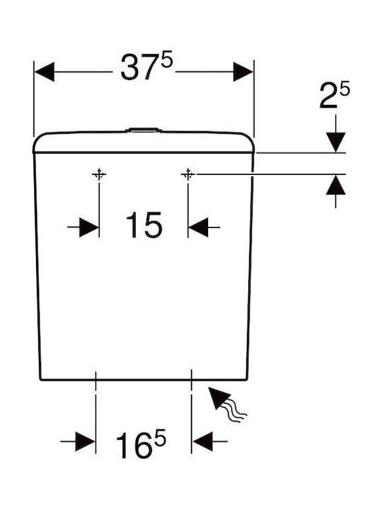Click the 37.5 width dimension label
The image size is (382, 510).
(x=146, y=67)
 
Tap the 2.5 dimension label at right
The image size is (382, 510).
(x=334, y=96)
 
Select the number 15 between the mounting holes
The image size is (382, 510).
(x=144, y=225)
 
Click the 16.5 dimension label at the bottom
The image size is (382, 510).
(x=141, y=444)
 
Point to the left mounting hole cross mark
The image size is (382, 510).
(x=99, y=175)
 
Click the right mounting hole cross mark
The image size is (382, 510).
(x=187, y=175)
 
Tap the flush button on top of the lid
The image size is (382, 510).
(x=143, y=130)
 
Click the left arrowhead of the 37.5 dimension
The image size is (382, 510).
(x=44, y=72)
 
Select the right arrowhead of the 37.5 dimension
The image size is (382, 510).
(x=243, y=72)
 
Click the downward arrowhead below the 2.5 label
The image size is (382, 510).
(x=335, y=142)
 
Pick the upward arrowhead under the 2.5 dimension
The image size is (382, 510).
(x=335, y=185)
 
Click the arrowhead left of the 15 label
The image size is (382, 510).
(x=89, y=227)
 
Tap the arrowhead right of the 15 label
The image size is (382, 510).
(x=198, y=227)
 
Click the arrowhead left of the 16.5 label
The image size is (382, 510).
(x=86, y=441)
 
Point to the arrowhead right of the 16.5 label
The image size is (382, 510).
(x=203, y=441)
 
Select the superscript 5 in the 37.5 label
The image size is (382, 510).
(x=167, y=61)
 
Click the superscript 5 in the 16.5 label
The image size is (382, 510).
(x=160, y=438)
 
